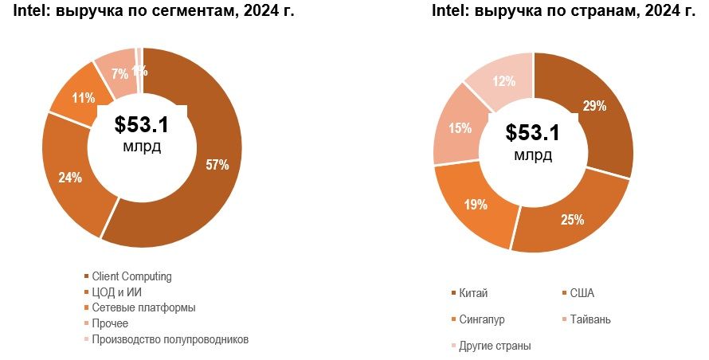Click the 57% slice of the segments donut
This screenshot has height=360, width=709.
pos(217,166)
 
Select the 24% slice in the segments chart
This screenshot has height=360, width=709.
pos(70,177)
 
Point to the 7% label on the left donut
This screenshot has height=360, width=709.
pos(119,74)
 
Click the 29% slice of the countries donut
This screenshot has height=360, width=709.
pos(593,106)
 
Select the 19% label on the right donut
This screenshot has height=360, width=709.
pos(476,204)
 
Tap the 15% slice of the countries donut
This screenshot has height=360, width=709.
pos(460,128)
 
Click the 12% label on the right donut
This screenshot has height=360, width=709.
pos(503,81)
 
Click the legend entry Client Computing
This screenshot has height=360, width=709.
pos(131,276)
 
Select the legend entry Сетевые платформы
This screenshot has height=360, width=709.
pos(143,307)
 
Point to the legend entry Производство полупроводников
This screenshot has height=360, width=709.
pos(170,339)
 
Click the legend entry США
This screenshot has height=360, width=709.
pos(582,293)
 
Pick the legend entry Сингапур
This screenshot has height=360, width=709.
pos(482,319)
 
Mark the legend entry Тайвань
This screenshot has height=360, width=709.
pos(590,319)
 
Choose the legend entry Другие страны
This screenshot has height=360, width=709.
pos(495,346)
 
